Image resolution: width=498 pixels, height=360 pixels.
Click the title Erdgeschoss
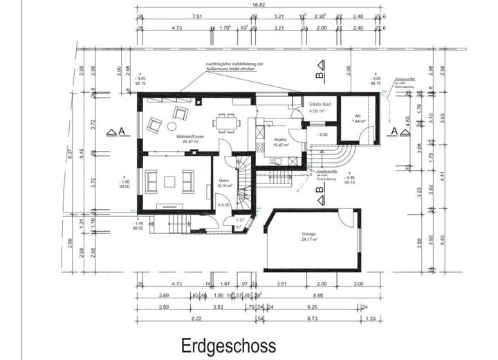(228, 345)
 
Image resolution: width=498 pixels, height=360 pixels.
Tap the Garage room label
(308, 233)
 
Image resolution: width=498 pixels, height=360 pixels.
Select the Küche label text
(280, 140)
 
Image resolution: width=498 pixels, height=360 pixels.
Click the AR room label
(358, 116)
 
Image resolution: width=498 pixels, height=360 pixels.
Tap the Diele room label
(225, 180)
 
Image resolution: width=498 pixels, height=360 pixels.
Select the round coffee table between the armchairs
(155, 125)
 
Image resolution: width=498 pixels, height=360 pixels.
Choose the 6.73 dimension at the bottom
(311, 318)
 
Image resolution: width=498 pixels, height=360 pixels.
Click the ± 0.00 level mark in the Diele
(223, 205)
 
